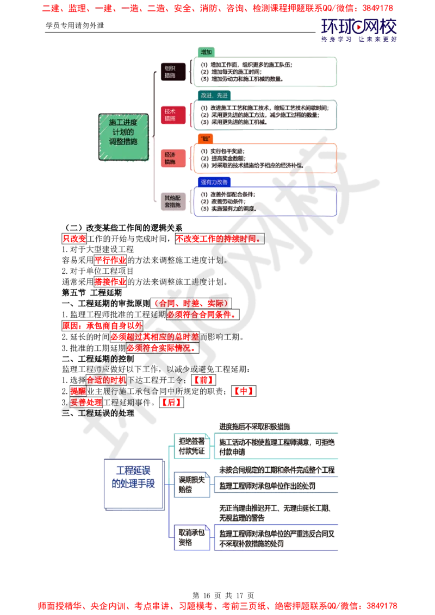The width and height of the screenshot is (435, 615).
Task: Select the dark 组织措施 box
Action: click(169, 71)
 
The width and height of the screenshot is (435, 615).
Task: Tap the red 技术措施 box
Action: click(169, 115)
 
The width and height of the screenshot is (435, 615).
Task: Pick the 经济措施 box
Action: click(169, 158)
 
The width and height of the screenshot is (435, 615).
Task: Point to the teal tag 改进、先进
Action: click(215, 95)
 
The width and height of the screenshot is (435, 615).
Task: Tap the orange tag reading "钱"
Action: click(205, 139)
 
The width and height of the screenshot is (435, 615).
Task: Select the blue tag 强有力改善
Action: click(214, 181)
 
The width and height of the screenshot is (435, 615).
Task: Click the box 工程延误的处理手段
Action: click(133, 476)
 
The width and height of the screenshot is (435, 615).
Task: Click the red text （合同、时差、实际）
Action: click(191, 303)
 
